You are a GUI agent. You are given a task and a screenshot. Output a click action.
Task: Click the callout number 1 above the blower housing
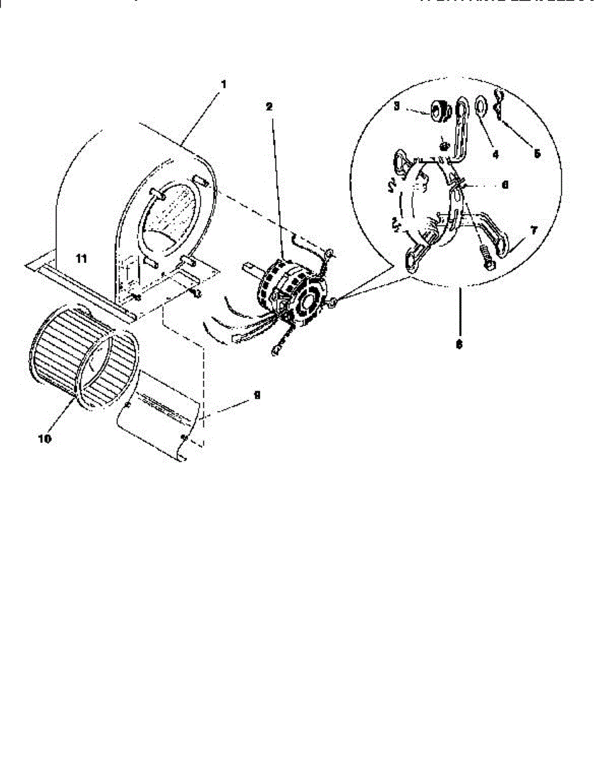pyautogui.click(x=223, y=84)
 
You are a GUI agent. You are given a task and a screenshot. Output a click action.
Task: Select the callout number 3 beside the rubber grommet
pyautogui.click(x=396, y=107)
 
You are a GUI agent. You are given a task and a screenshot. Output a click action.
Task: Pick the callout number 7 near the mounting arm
pyautogui.click(x=533, y=230)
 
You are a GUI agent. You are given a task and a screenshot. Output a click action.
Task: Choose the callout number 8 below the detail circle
pyautogui.click(x=459, y=344)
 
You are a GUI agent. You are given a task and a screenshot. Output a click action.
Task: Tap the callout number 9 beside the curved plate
pyautogui.click(x=256, y=394)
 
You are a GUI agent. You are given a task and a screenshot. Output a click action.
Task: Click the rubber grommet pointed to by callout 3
pyautogui.click(x=438, y=111)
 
